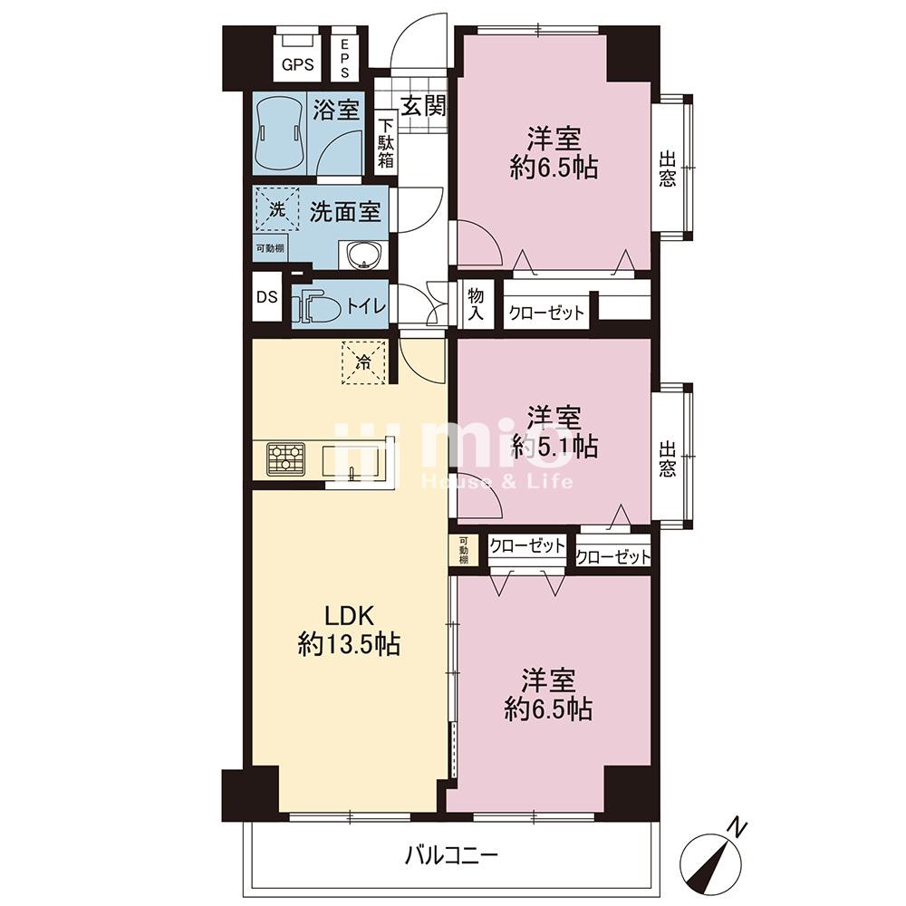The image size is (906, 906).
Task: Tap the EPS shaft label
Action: point(344,57)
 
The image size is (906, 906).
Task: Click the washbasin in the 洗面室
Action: point(363,255)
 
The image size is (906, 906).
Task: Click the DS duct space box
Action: point(267,297)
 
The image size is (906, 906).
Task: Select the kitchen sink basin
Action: point(352,462)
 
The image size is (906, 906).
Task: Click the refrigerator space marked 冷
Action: point(364,362)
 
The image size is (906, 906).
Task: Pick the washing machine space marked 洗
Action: point(277,209)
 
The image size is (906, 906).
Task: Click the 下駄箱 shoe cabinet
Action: point(385,144)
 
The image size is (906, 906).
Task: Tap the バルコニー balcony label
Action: point(450,854)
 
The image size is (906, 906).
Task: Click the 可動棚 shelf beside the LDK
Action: point(463,550)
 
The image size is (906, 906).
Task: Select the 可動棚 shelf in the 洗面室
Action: point(270,249)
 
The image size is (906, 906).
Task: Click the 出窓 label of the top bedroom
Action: point(668,169)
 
